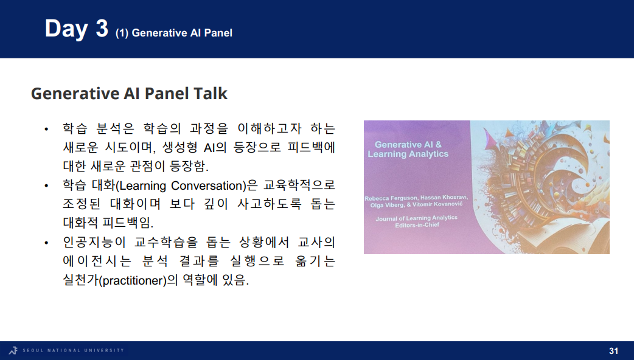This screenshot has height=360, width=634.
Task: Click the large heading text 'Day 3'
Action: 77,29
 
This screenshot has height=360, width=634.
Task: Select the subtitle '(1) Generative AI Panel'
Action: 174,33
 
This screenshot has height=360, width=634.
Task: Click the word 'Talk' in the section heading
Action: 211,93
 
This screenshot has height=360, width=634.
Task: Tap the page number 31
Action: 613,351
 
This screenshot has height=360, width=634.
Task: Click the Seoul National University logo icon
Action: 13,350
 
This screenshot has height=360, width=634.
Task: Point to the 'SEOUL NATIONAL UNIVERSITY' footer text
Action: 73,350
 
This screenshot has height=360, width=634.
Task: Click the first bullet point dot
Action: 46,130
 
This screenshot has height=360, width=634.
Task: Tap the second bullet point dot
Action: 46,186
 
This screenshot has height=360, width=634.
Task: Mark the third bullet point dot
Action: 46,243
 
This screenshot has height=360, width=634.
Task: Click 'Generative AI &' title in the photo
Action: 408,145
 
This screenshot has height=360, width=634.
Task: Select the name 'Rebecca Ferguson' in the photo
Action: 391,198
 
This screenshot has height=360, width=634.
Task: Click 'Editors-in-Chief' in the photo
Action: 417,225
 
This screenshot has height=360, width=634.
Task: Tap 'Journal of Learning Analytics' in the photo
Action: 416,218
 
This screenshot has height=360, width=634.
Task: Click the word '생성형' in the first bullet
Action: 179,147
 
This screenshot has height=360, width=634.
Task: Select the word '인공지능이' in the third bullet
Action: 94,243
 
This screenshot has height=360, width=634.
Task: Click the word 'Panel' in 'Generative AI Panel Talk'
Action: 166,93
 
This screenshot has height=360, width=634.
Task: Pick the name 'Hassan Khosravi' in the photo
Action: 444,198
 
